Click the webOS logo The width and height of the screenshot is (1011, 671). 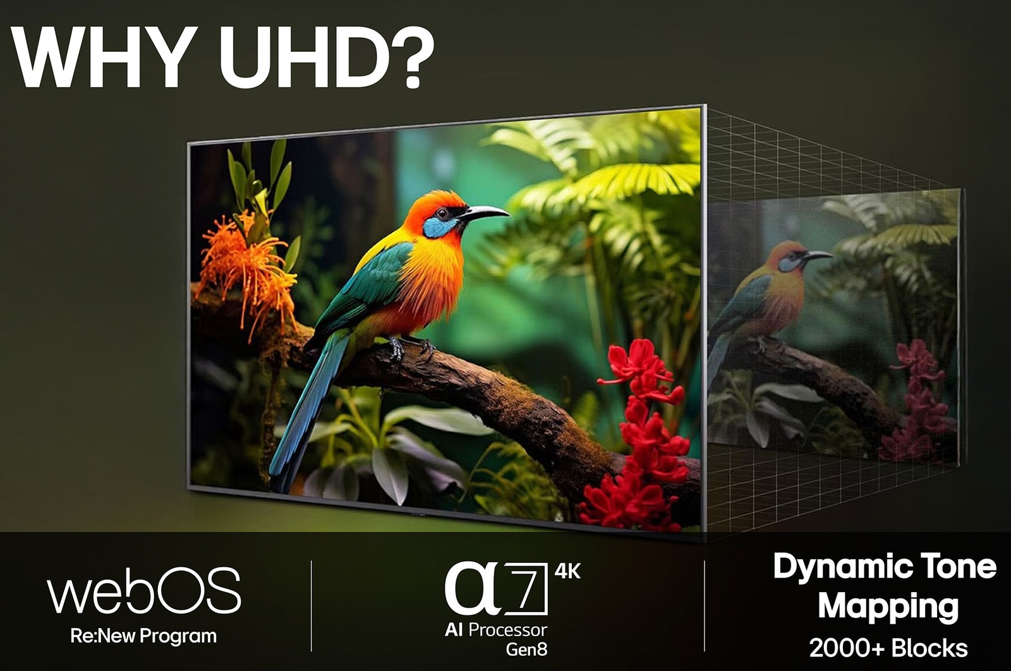tap(144, 591)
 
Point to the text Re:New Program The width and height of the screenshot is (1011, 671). tap(143, 636)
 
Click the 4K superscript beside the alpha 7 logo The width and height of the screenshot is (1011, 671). tap(567, 571)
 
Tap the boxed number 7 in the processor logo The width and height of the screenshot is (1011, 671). tap(526, 588)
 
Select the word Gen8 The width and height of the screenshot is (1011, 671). tap(526, 649)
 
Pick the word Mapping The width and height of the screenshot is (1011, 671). tap(888, 607)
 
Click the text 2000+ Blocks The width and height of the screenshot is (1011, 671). tap(888, 648)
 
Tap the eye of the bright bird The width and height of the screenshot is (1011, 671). tap(442, 212)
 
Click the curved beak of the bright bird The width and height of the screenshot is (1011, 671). tap(485, 212)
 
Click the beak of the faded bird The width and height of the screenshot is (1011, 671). tap(818, 256)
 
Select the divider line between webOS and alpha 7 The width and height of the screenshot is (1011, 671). tap(312, 606)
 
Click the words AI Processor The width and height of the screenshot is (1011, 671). tap(495, 629)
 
